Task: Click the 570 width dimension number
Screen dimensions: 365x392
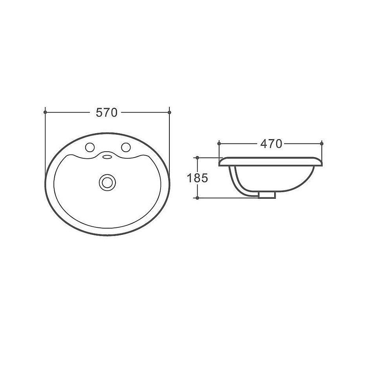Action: click(106, 113)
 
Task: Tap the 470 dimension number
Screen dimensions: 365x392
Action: click(271, 144)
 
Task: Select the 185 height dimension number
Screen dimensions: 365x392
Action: click(197, 178)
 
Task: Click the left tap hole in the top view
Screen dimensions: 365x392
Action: click(90, 147)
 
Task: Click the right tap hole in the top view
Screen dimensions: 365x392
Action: click(126, 147)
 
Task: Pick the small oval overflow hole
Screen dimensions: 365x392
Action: click(108, 157)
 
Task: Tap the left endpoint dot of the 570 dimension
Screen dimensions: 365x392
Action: click(45, 112)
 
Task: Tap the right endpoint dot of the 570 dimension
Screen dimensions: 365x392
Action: click(169, 112)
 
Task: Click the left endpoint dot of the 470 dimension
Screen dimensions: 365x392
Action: click(219, 143)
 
